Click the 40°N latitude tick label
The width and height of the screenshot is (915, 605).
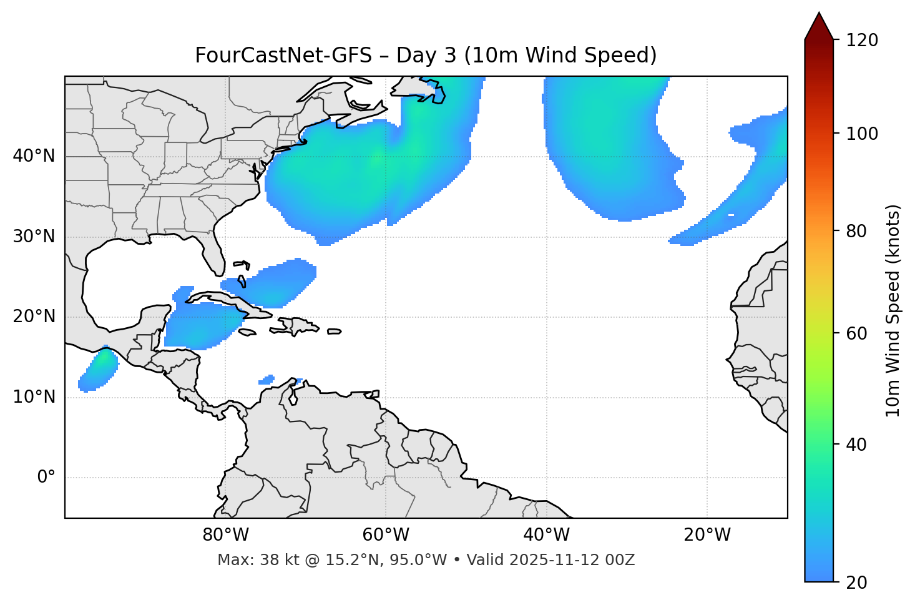click(34, 156)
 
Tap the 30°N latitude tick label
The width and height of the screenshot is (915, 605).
click(34, 237)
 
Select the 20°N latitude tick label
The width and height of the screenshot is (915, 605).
click(34, 317)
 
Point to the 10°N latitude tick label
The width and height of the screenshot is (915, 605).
click(34, 397)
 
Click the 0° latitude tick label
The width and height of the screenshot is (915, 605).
click(46, 478)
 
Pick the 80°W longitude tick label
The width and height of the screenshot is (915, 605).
click(225, 534)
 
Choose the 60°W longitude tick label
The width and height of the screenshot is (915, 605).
click(386, 534)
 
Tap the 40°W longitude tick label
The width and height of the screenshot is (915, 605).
click(546, 534)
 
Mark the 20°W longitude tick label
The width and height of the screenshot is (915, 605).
click(707, 534)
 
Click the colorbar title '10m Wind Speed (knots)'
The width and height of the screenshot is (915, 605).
click(893, 311)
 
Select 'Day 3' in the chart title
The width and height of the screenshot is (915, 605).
click(426, 56)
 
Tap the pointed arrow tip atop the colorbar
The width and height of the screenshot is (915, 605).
click(819, 15)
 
